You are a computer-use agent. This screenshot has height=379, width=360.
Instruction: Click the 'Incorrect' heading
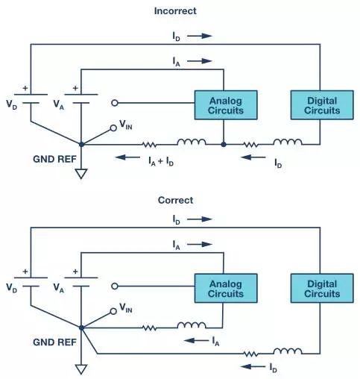(x=175, y=11)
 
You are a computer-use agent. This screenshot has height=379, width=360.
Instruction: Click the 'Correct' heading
(x=175, y=200)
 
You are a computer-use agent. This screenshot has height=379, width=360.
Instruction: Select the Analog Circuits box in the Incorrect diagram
(x=226, y=105)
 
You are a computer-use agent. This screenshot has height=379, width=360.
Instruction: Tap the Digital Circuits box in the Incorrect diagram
(x=322, y=105)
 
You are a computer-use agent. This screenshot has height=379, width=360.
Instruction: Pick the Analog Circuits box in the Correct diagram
(x=226, y=288)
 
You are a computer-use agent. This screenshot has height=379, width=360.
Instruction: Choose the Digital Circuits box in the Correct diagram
(x=322, y=288)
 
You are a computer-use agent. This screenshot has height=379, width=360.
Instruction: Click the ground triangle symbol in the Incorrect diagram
(x=81, y=174)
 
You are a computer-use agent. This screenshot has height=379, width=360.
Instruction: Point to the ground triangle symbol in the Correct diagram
(x=81, y=369)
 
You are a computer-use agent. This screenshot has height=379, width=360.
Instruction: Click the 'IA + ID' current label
(x=161, y=161)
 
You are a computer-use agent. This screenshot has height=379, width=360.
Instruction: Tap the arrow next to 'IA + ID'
(x=127, y=157)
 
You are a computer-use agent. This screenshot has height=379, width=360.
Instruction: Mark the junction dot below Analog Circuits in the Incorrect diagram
(x=224, y=144)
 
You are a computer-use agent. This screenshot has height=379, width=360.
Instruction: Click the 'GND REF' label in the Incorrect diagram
(x=54, y=159)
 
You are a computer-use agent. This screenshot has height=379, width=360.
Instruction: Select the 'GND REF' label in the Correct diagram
(x=54, y=342)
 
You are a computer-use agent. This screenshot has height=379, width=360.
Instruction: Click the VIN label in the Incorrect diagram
(x=126, y=125)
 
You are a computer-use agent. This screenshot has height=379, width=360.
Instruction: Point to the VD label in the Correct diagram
(x=12, y=288)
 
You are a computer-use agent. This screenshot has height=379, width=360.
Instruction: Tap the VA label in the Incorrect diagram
(x=59, y=104)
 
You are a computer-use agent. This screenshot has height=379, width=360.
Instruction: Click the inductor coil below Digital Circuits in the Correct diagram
(x=288, y=351)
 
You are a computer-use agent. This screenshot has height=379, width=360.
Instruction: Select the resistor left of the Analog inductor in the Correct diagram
(x=150, y=328)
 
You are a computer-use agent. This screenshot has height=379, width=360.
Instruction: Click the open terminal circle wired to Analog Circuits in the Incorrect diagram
(x=115, y=103)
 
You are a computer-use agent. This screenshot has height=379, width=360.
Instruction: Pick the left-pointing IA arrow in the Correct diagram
(x=197, y=340)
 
